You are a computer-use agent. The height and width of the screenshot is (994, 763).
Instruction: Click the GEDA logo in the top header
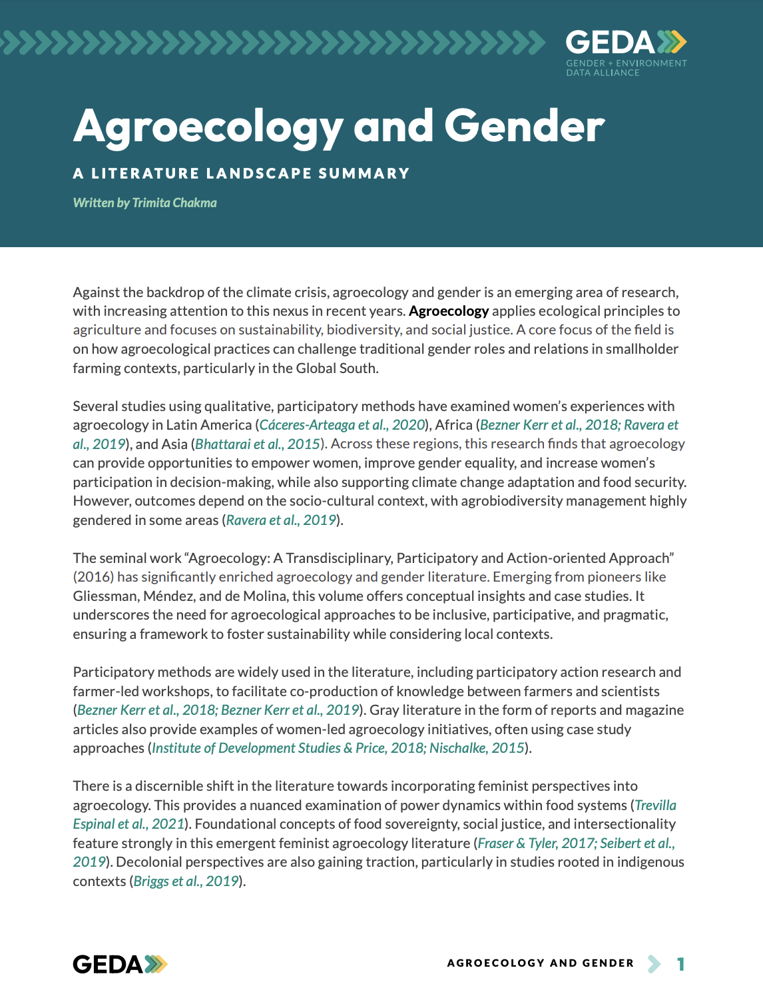coord(625,43)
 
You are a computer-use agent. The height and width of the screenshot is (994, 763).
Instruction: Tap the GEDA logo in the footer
coord(120,964)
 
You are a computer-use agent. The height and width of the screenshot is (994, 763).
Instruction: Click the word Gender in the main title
coord(524,127)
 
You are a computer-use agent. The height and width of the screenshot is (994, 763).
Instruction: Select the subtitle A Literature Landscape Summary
coord(241,174)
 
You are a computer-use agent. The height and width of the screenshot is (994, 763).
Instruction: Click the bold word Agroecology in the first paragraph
coord(449,311)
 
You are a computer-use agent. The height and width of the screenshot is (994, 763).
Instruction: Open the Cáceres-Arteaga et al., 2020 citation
coord(342,425)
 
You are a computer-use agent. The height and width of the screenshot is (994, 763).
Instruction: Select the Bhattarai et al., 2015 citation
coord(258,444)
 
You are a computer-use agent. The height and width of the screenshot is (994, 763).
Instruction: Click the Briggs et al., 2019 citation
coord(186,881)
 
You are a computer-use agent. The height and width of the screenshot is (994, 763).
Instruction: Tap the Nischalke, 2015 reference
coord(477,748)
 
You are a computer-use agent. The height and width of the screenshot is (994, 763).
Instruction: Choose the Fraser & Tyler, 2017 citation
coord(537,843)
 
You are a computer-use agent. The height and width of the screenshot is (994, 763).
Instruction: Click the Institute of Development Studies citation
coord(246,748)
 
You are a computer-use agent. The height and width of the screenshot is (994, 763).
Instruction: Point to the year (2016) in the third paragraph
coord(93,577)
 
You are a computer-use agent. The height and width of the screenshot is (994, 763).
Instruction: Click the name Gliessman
coord(106,596)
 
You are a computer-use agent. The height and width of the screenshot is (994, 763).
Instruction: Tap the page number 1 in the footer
coord(680,964)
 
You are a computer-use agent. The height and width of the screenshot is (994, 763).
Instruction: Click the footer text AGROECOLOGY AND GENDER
coord(540,963)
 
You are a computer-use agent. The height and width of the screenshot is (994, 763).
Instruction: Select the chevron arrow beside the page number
coord(654,964)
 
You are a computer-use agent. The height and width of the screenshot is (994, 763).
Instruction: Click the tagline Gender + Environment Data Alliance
coord(626,68)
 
